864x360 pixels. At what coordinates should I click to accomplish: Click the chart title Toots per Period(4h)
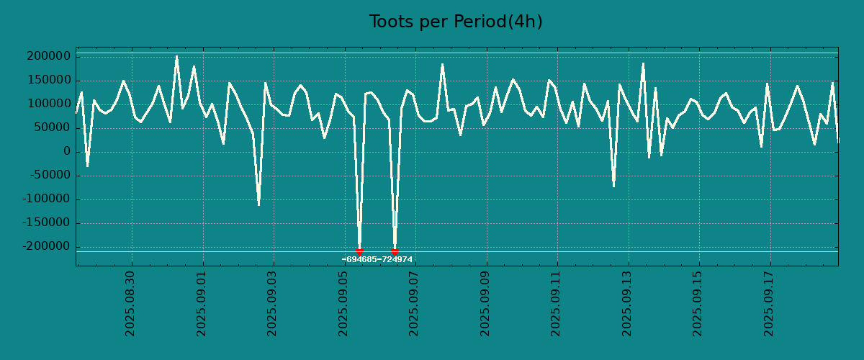pos(455,22)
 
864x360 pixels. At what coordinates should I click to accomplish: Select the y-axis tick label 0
pos(66,151)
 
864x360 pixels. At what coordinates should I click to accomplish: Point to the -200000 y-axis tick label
pos(48,246)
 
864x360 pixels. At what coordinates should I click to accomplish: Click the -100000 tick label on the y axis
pos(48,199)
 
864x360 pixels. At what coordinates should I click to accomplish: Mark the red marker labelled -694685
pos(359,251)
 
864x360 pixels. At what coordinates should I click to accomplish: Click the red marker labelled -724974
pos(395,251)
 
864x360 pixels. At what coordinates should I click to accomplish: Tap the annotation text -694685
pos(359,259)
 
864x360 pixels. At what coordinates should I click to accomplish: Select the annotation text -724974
pos(395,259)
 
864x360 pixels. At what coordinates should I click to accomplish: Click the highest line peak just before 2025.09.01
pos(176,56)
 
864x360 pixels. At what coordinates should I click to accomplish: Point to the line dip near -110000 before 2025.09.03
pos(259,205)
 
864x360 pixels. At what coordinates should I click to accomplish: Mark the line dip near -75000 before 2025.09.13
pos(613,186)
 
